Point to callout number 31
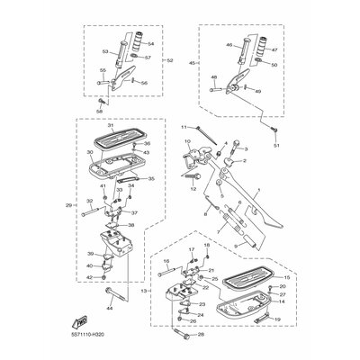click(111, 125)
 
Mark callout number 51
click(276, 144)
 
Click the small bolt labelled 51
click(271, 128)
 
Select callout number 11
click(184, 129)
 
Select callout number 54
click(150, 43)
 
